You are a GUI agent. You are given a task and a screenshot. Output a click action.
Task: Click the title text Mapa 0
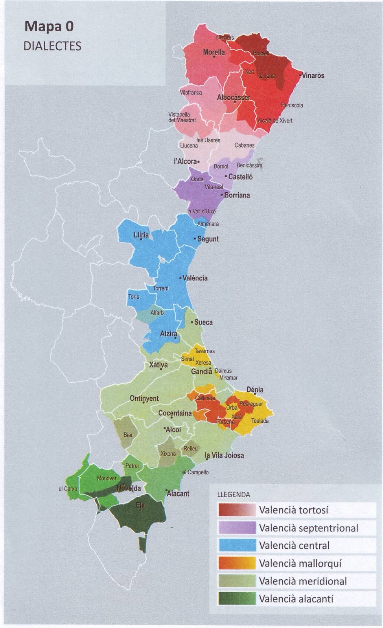49,27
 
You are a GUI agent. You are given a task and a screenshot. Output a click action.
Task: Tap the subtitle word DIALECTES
52,46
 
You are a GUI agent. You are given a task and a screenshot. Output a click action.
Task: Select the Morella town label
214,52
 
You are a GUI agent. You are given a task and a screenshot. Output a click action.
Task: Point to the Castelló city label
240,177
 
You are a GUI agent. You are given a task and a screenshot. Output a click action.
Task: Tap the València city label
195,278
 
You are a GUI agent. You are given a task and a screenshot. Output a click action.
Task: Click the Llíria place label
141,235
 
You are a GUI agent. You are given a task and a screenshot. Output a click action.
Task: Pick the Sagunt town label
208,239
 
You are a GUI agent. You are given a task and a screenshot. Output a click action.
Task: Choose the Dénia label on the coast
255,390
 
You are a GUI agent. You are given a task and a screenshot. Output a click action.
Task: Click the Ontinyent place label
144,398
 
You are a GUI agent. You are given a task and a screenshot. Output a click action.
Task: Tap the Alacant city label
178,493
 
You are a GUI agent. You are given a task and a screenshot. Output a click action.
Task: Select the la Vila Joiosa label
225,455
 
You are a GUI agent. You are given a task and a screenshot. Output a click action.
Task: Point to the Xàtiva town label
158,365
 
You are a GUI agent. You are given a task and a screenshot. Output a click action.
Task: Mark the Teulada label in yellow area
260,421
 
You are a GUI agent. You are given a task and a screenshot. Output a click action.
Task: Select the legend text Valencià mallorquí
300,563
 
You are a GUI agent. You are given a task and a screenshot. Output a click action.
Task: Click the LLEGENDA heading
234,495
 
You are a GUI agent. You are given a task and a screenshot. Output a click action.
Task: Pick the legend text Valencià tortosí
293,510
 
